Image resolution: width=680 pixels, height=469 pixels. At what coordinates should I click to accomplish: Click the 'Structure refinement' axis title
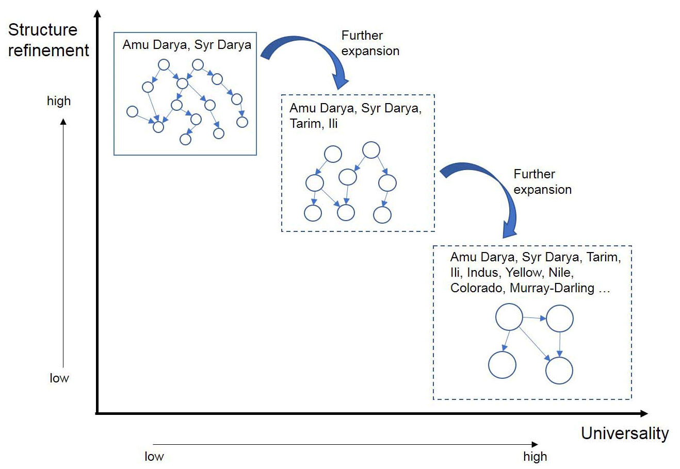coord(48,40)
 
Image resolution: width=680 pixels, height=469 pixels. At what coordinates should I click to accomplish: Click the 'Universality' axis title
coord(624,433)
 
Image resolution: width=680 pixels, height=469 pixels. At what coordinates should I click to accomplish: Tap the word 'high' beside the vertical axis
coord(59,101)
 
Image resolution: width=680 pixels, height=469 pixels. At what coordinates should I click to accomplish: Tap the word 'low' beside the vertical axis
coord(59,378)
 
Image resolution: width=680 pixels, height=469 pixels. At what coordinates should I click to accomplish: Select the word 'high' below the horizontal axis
coord(535,457)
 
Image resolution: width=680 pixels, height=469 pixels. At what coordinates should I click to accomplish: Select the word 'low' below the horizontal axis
coord(154,457)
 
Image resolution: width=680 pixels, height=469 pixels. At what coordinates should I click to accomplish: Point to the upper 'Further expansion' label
coord(370,43)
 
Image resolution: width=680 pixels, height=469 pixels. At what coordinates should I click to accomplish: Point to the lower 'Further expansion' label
coord(542,182)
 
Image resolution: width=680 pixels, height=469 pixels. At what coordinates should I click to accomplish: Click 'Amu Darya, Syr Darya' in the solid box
coord(187,45)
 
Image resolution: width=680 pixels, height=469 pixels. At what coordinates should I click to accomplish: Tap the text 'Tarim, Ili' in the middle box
coord(314,124)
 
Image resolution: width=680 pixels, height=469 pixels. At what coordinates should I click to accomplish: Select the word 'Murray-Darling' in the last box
coord(552,288)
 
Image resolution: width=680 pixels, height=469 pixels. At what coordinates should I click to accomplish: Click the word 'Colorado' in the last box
coord(477,288)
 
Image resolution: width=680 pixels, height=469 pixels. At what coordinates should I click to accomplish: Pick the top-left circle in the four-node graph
coord(509,317)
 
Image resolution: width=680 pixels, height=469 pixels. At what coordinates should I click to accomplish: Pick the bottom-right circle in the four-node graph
coord(559,370)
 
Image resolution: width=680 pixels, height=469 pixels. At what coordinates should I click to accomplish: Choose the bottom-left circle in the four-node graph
coord(502,364)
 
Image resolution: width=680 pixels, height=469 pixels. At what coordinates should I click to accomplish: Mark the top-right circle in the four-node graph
coord(559,319)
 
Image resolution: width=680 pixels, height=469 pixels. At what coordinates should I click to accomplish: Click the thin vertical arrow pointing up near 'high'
coord(63,242)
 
